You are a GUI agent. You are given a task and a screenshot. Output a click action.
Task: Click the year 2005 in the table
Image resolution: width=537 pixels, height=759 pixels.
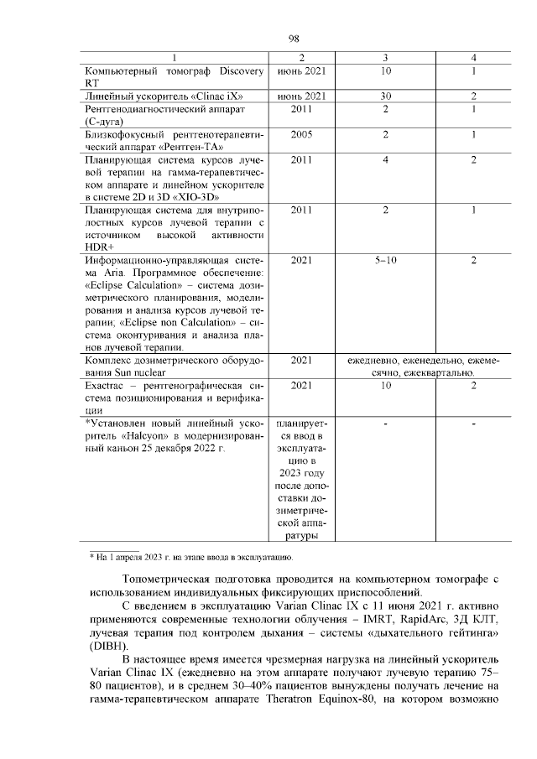pyautogui.click(x=302, y=134)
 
